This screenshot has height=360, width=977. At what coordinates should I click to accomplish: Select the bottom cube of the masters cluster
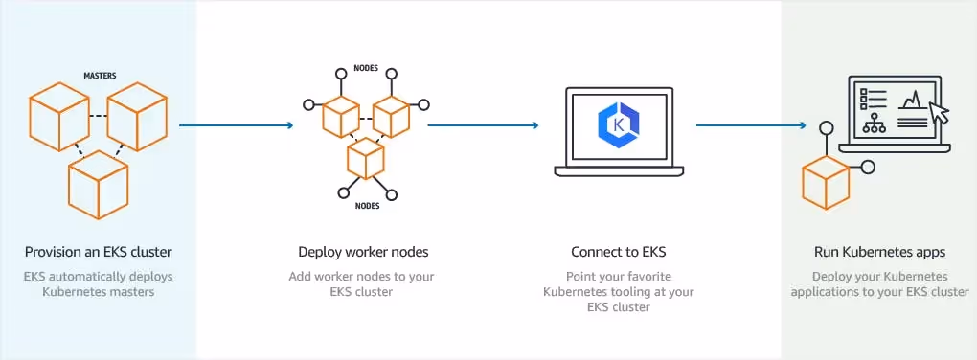[x=98, y=184]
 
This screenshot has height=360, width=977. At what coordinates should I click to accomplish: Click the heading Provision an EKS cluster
[x=99, y=253]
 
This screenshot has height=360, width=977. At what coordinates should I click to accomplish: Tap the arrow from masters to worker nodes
[x=236, y=124]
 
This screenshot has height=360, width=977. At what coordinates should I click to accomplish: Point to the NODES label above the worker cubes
[x=366, y=69]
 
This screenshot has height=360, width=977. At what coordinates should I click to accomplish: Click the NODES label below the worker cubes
[x=366, y=206]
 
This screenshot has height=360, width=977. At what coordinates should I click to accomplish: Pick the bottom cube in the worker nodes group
[x=365, y=159]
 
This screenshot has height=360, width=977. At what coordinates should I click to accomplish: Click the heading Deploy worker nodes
[x=363, y=253]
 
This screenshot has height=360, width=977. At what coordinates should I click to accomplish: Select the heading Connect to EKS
[x=618, y=253]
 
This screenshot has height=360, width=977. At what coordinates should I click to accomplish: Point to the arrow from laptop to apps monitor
[x=749, y=124]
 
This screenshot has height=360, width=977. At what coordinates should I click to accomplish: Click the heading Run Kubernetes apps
[x=879, y=253]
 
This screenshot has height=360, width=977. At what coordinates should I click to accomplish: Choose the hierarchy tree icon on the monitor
[x=874, y=124]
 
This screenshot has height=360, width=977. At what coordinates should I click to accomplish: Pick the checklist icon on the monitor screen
[x=873, y=99]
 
